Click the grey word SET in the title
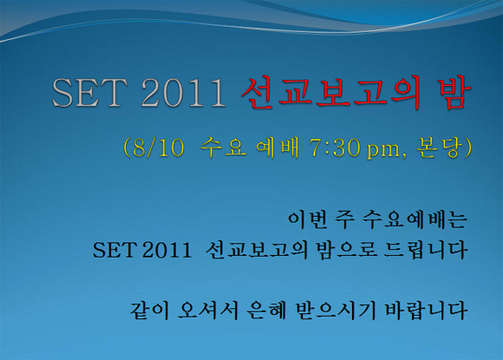[90, 93]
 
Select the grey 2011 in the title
[184, 93]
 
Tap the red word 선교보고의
[331, 93]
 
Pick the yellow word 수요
[224, 147]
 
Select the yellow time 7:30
[335, 148]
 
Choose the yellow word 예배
[278, 147]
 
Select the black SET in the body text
[114, 251]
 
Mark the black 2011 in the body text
[167, 251]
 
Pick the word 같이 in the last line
[149, 311]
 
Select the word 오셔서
[208, 311]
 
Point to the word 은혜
[267, 311]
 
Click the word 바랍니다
[426, 311]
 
